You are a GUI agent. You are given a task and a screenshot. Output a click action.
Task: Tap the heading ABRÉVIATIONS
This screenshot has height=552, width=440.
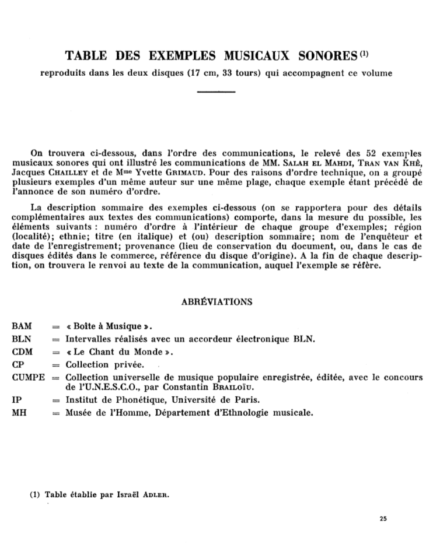pos(217,302)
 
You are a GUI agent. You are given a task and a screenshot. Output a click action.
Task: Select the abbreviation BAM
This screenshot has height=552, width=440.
pos(22,326)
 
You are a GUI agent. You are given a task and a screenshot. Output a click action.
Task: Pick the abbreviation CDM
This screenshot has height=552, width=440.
pos(22,352)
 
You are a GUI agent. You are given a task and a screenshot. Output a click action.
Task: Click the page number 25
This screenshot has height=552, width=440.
pos(383,518)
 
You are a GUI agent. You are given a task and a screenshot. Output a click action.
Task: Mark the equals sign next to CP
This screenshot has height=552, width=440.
pos(56,365)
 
